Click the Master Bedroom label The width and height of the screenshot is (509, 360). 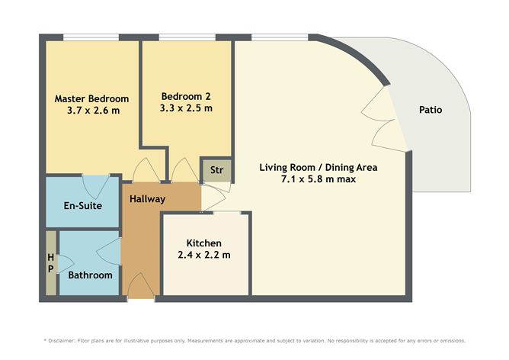click(91, 98)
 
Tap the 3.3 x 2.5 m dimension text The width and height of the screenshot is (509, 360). click(186, 108)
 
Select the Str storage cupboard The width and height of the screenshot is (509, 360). click(216, 170)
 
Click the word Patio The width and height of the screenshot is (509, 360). click(431, 110)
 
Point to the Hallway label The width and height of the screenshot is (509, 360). click(147, 199)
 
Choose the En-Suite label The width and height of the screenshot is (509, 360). click(83, 205)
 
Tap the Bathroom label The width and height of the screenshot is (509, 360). click(90, 275)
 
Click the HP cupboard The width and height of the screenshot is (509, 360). click(51, 263)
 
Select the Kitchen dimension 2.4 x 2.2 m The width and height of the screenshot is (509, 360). click(204, 255)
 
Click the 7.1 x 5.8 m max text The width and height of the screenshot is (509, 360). click(319, 179)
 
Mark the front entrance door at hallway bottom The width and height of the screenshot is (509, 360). click(140, 286)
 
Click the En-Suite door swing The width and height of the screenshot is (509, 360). click(96, 187)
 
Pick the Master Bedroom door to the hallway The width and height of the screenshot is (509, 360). click(146, 169)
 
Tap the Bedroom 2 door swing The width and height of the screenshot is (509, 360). click(185, 169)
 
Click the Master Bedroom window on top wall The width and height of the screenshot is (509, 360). click(91, 37)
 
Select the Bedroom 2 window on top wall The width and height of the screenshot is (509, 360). click(187, 37)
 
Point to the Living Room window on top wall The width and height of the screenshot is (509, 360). click(280, 37)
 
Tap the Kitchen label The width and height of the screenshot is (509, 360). click(204, 243)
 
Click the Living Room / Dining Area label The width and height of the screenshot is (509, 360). click(319, 168)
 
